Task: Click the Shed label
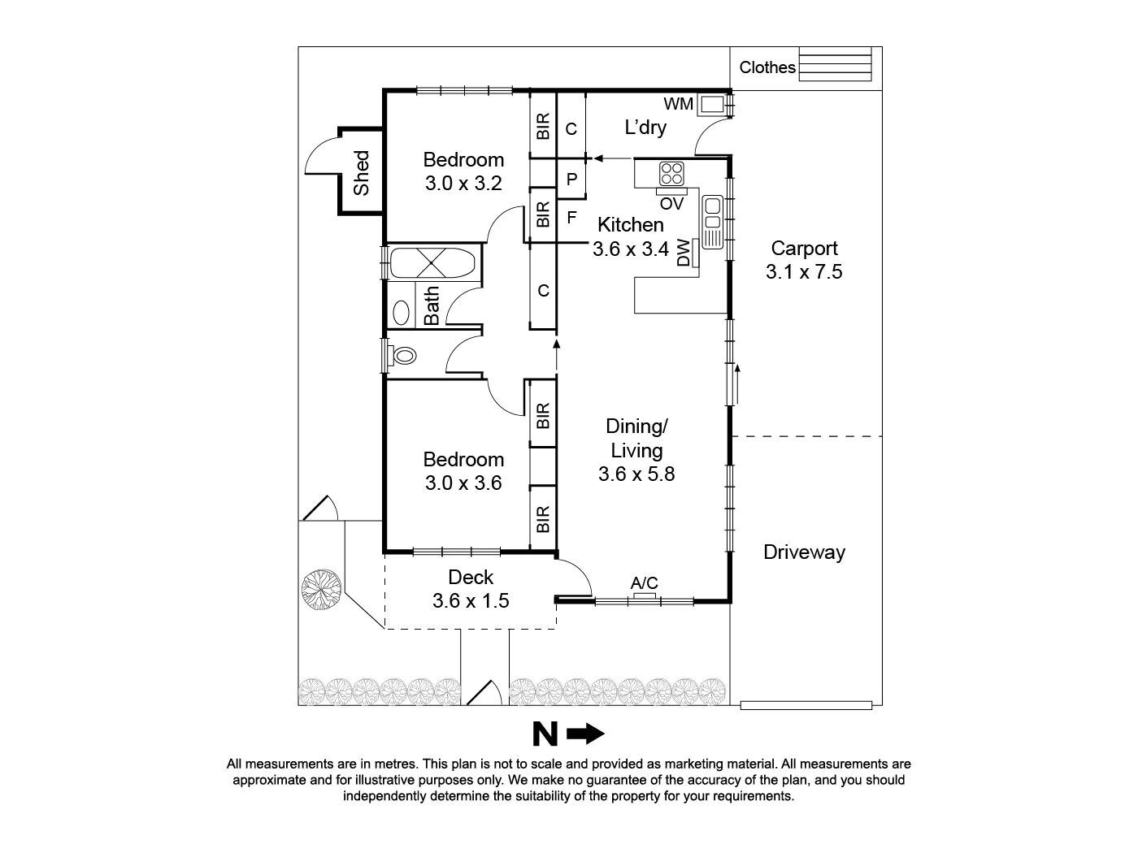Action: coord(361,172)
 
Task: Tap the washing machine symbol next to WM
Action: coord(712,104)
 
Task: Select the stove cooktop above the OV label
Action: coord(671,173)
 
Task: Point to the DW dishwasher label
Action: coord(684,252)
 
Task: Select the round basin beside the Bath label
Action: coord(402,312)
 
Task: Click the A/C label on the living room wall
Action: coord(644,582)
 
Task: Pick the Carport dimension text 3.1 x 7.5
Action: coord(804,272)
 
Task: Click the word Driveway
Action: coord(804,552)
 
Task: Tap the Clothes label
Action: coord(767,67)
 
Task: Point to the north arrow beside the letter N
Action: coord(586,734)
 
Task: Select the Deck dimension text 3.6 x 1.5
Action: coord(471,601)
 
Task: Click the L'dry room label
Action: coord(645,128)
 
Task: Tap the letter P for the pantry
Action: coord(571,180)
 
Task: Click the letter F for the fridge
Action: coord(571,218)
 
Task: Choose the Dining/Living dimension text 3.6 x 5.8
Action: coord(636,474)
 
